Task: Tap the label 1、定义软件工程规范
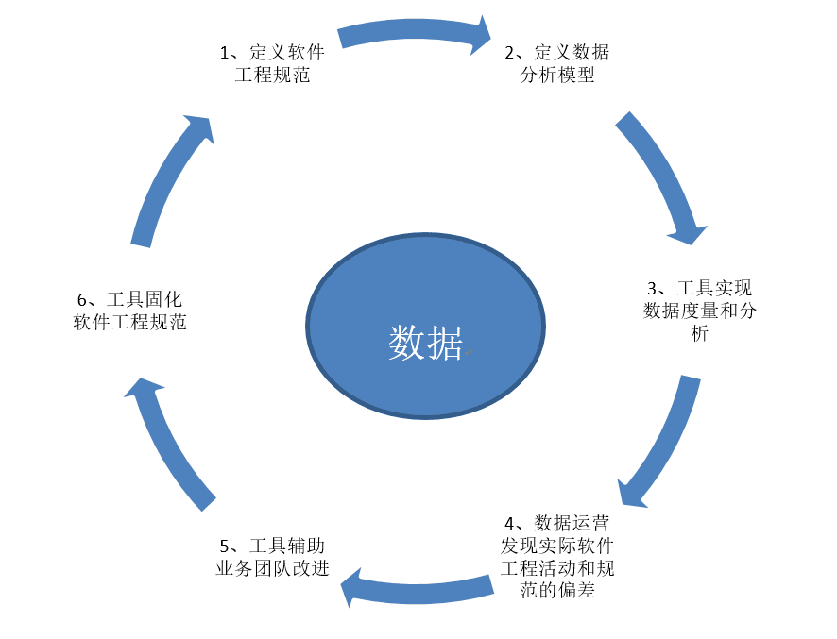pos(273,63)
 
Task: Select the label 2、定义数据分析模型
pos(557,63)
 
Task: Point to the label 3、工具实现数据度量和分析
pos(699,311)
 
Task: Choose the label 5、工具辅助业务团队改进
pos(273,557)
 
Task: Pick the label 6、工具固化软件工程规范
pos(130,311)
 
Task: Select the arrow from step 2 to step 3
pos(666,179)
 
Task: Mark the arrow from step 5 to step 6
pos(170,439)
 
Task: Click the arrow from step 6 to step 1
pos(170,179)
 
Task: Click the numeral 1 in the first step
pos(225,52)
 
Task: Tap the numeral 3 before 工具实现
pos(651,288)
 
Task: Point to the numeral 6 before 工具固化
pos(82,300)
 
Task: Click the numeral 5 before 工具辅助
pos(225,547)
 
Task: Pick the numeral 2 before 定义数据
pos(509,52)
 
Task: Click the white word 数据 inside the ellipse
pos(425,343)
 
